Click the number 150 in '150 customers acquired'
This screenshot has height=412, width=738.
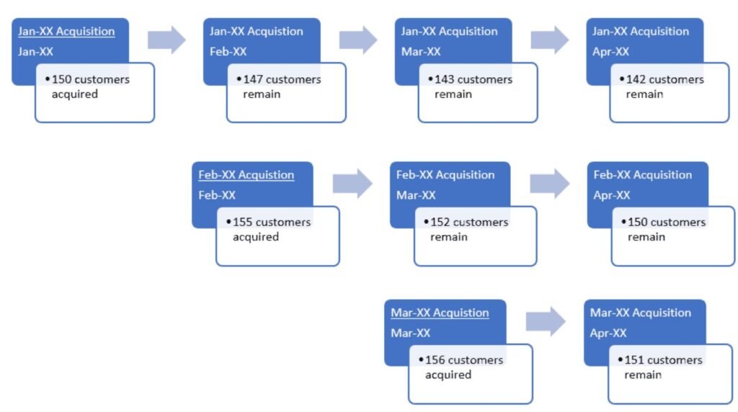[x=61, y=79]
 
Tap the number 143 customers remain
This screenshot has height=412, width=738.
[x=444, y=79]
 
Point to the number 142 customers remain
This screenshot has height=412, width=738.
[x=636, y=79]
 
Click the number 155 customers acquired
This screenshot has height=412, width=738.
[x=242, y=223]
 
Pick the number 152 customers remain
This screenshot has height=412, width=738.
[x=440, y=223]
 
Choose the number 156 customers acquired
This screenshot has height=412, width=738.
[x=435, y=360]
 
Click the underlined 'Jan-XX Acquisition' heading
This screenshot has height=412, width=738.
[x=66, y=31]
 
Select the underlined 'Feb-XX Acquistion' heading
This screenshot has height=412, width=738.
[x=246, y=175]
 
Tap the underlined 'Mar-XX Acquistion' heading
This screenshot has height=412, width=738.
[x=440, y=313]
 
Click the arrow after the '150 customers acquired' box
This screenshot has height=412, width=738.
[x=166, y=40]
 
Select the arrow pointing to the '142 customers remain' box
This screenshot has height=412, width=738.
[x=550, y=40]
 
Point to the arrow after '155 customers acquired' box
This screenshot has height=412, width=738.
[x=352, y=184]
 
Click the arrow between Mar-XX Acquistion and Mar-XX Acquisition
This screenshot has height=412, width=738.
[x=546, y=321]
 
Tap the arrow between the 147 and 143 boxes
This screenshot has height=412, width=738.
[x=358, y=40]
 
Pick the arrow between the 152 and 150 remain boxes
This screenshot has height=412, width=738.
[x=549, y=184]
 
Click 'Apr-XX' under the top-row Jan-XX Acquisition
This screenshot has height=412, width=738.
[x=610, y=52]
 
